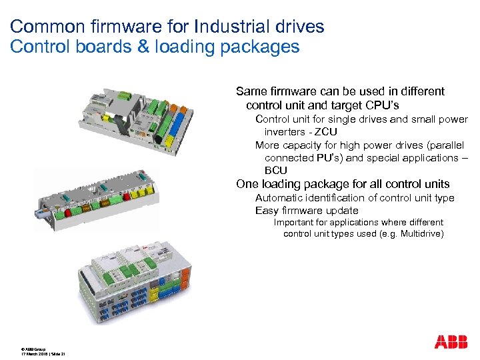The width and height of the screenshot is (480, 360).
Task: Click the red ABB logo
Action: click(451, 342)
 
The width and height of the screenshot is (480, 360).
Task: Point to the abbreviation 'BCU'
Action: click(276, 171)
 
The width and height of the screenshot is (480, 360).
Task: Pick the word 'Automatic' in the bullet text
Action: click(281, 198)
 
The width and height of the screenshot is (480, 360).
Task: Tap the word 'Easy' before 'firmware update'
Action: click(267, 211)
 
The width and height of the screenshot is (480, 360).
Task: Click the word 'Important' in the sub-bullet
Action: click(293, 222)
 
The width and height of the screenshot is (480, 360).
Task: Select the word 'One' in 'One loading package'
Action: click(247, 184)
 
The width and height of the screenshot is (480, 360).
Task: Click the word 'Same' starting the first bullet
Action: click(251, 91)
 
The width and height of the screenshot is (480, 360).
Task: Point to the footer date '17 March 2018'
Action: click(34, 354)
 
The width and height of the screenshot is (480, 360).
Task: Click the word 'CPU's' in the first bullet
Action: click(383, 105)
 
